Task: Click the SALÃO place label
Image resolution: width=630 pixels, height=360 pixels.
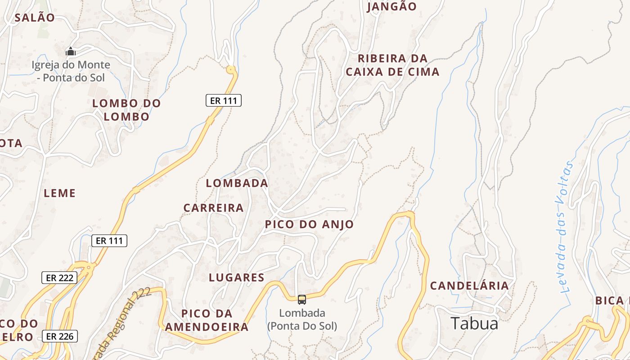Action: tap(35, 18)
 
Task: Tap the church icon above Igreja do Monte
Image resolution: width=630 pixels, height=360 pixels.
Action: tap(71, 52)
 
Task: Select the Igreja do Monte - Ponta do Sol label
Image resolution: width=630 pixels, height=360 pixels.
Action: tap(71, 71)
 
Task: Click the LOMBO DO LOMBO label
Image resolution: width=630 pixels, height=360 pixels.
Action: tap(126, 110)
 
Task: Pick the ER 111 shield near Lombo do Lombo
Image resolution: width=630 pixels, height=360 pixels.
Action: tap(224, 100)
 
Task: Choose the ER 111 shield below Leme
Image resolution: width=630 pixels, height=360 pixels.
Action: tap(109, 241)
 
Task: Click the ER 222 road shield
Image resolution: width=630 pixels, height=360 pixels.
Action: tap(59, 278)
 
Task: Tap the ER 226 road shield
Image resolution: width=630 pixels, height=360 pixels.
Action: tap(60, 336)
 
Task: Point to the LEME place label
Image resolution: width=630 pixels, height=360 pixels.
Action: tap(60, 193)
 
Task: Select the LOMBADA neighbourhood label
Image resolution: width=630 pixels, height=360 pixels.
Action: tap(237, 183)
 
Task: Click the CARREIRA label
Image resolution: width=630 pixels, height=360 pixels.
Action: tap(213, 208)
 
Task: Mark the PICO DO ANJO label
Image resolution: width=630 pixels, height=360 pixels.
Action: tap(309, 224)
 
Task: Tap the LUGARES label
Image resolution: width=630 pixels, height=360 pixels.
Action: tap(237, 277)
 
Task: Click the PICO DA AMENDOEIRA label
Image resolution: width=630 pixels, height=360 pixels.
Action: tap(207, 320)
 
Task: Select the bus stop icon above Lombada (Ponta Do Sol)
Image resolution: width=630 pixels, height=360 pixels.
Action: tap(302, 299)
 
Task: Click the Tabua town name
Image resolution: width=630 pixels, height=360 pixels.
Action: tap(474, 324)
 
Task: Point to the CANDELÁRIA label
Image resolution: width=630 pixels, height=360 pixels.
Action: tap(469, 286)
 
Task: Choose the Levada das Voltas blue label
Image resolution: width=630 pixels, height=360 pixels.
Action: tap(567, 227)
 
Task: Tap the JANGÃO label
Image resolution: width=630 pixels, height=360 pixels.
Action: tap(392, 7)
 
